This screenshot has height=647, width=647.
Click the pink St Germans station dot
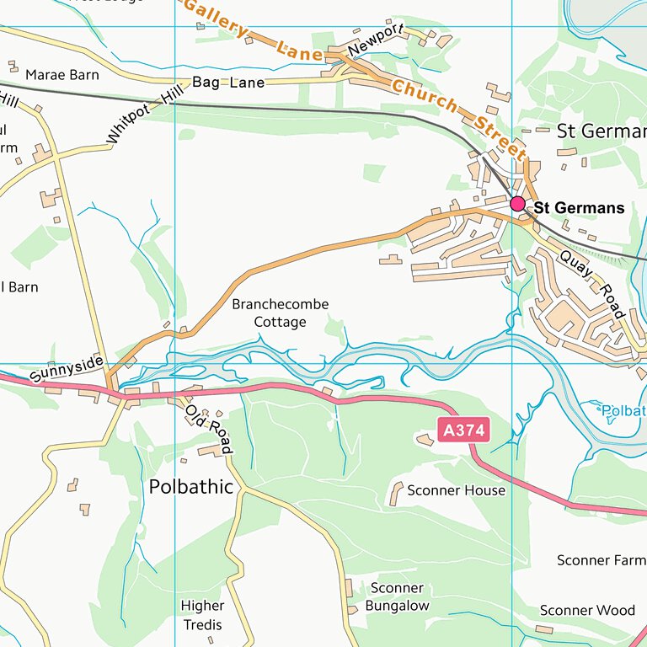[517, 204]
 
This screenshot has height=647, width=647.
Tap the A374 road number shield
[464, 430]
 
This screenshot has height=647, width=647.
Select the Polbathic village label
[191, 486]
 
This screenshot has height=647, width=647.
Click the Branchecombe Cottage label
[281, 313]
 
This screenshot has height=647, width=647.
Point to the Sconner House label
[456, 490]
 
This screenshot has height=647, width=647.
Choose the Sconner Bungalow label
[397, 597]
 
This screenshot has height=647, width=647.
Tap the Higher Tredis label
[203, 615]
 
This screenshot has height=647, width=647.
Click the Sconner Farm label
[601, 560]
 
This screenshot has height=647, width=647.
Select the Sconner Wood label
[587, 611]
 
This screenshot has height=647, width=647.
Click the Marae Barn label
[62, 75]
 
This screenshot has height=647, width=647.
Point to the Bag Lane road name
[228, 83]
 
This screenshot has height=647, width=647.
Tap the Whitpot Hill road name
[145, 117]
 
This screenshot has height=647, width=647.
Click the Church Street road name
[458, 118]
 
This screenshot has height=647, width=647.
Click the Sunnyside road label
[66, 369]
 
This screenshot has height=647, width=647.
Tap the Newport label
[377, 40]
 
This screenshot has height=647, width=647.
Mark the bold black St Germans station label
[580, 208]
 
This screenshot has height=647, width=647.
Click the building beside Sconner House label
[396, 494]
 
